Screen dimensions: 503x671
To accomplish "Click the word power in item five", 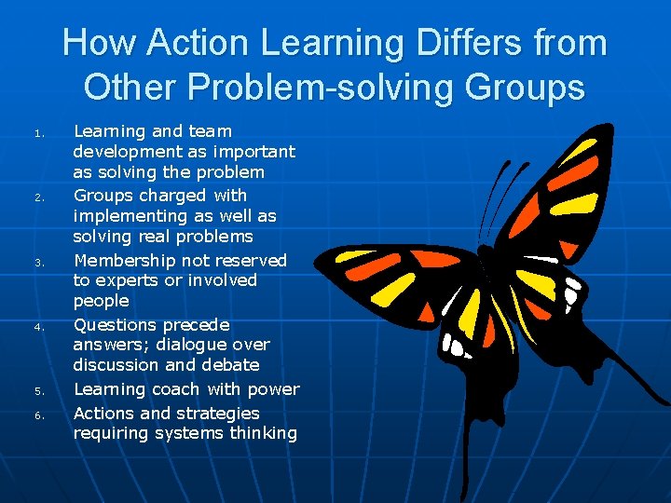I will pos(274,389).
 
